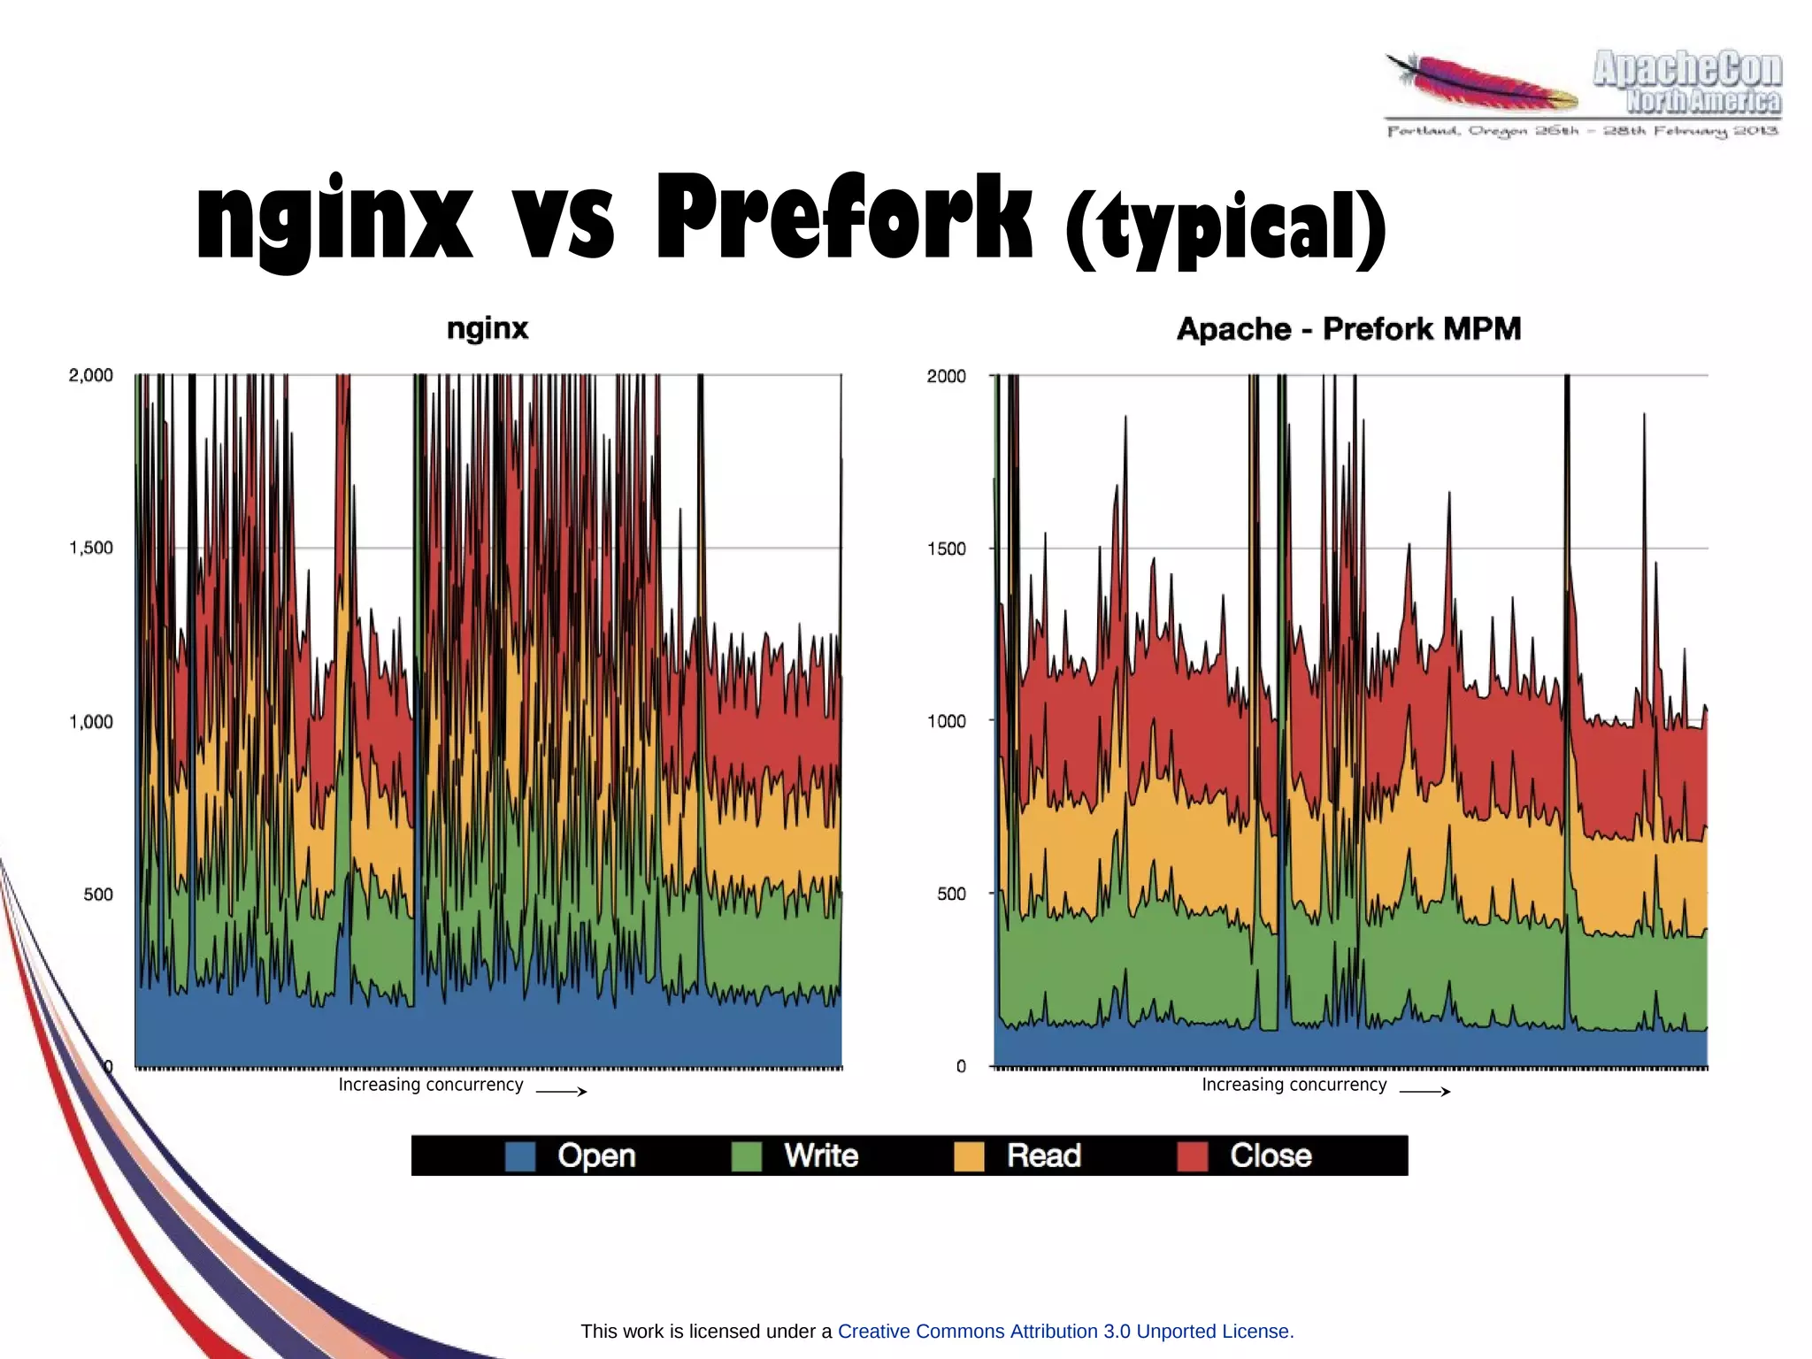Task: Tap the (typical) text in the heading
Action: click(1225, 228)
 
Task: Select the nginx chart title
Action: click(488, 328)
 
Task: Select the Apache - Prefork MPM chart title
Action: click(1348, 329)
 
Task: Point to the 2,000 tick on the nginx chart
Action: click(91, 375)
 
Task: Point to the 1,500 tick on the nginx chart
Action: click(91, 548)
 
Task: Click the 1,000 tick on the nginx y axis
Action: click(91, 722)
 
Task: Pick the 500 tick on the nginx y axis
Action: click(98, 894)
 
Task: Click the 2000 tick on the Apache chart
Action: click(946, 376)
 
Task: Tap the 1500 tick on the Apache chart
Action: click(946, 549)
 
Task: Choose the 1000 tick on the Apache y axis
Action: click(946, 721)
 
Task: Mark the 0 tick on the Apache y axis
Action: click(961, 1066)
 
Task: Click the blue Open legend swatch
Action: click(520, 1156)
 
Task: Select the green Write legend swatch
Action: click(747, 1156)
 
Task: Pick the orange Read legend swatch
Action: click(969, 1156)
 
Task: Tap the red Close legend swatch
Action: click(1193, 1156)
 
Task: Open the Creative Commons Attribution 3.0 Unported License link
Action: click(1065, 1331)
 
